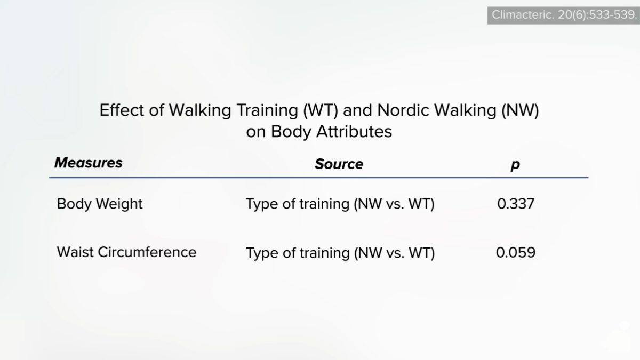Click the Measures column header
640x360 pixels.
(89, 163)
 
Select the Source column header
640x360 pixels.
(339, 164)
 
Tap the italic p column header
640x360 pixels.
(515, 165)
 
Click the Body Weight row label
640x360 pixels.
(99, 204)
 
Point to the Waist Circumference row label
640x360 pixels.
(126, 252)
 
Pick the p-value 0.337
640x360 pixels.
(516, 204)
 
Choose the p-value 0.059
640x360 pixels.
(516, 253)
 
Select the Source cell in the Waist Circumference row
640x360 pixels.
(340, 253)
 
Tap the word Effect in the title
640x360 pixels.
(122, 110)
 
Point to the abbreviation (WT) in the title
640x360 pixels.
(321, 111)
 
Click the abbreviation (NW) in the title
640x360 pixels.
(521, 111)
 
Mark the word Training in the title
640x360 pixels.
(267, 111)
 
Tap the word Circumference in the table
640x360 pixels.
(147, 252)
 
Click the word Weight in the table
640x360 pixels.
(119, 204)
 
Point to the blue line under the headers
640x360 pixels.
(318, 178)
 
